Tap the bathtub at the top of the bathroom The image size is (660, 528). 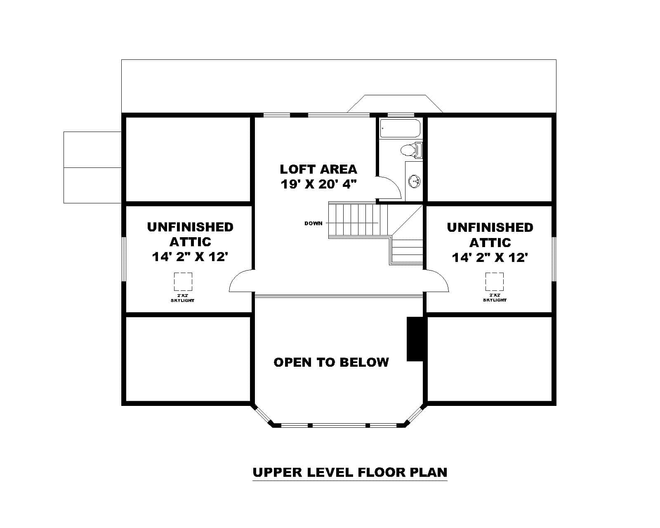click(400, 128)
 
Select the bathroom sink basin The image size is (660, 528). click(414, 181)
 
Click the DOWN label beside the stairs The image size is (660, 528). click(313, 223)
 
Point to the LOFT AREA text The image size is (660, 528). click(318, 169)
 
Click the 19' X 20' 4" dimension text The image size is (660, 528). click(318, 184)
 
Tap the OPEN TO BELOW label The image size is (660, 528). click(331, 362)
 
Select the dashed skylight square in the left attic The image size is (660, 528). click(183, 282)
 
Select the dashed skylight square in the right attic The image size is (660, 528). click(494, 282)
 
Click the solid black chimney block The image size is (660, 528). click(414, 339)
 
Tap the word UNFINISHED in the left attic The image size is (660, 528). click(190, 227)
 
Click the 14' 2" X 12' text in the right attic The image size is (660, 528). click(490, 258)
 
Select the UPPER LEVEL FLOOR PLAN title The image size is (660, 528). click(350, 472)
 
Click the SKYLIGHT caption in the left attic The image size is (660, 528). click(182, 300)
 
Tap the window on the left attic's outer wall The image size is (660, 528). click(123, 259)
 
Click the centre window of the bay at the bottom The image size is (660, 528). click(339, 425)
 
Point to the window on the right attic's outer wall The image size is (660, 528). click(554, 259)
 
